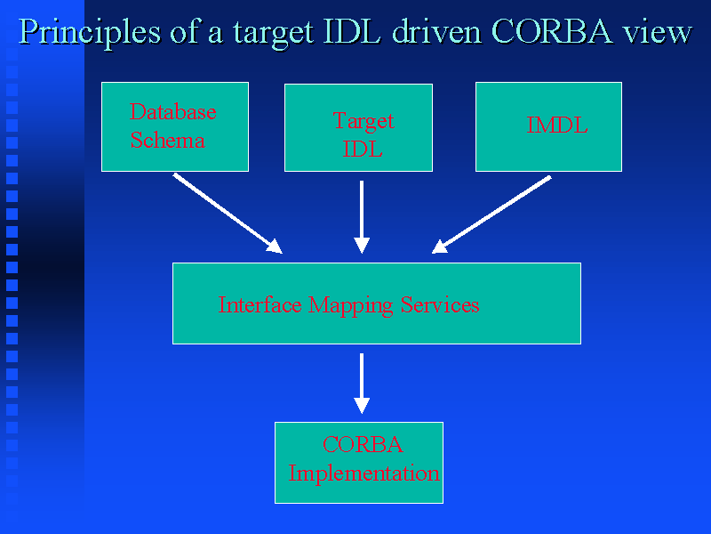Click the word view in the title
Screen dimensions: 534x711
pyautogui.click(x=657, y=32)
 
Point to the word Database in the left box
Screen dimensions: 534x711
pyautogui.click(x=172, y=112)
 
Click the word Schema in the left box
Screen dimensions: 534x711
pyautogui.click(x=167, y=140)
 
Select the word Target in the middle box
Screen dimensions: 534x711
pyautogui.click(x=363, y=121)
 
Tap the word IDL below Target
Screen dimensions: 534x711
pyautogui.click(x=363, y=149)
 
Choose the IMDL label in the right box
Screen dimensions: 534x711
pyautogui.click(x=556, y=125)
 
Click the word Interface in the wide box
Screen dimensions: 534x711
pyautogui.click(x=261, y=305)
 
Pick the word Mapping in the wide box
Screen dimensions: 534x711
pyautogui.click(x=352, y=305)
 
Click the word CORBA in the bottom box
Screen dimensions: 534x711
pyautogui.click(x=362, y=445)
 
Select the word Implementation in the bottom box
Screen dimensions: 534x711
pyautogui.click(x=363, y=473)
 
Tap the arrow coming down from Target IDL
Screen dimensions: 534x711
pyautogui.click(x=362, y=217)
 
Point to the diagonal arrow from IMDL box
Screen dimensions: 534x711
pyautogui.click(x=491, y=214)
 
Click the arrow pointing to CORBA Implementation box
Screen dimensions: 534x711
pyautogui.click(x=362, y=383)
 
